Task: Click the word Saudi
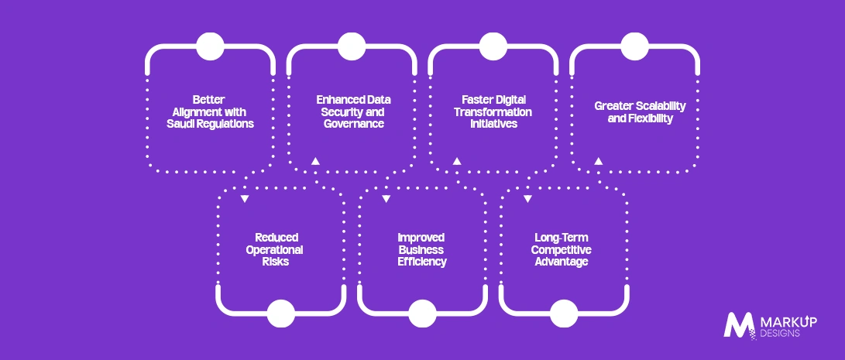click(182, 124)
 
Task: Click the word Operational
click(275, 250)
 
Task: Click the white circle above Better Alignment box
click(210, 46)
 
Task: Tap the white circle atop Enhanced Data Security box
click(352, 46)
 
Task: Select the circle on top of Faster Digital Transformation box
click(493, 46)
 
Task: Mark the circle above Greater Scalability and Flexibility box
click(634, 46)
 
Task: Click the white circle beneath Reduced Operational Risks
click(281, 314)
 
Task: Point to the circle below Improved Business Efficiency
click(423, 314)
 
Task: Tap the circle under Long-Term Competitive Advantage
click(564, 314)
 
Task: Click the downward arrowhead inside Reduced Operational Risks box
click(245, 200)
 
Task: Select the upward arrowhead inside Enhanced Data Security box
click(315, 160)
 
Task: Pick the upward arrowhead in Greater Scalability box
click(598, 160)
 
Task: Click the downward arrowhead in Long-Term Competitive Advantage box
click(527, 200)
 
